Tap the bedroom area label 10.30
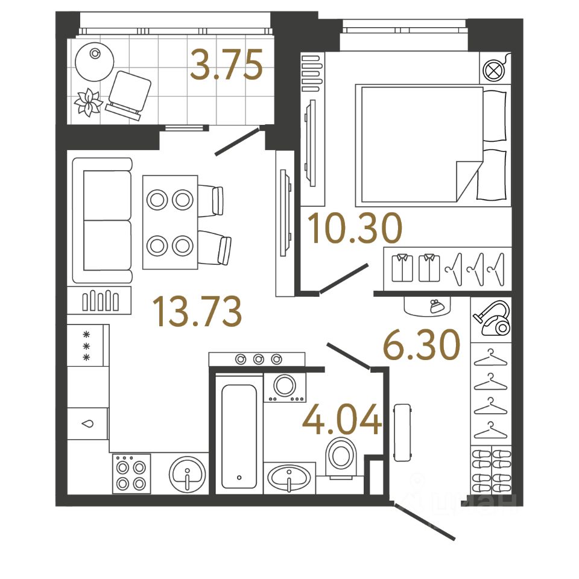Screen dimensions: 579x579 [354, 229]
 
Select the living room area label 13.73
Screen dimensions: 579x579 [197, 311]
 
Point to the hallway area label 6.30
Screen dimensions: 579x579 [422, 346]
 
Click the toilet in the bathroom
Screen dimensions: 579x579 [342, 458]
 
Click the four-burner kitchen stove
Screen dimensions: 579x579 [131, 474]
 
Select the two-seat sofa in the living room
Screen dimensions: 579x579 [103, 220]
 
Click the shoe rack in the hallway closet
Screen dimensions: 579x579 [491, 471]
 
